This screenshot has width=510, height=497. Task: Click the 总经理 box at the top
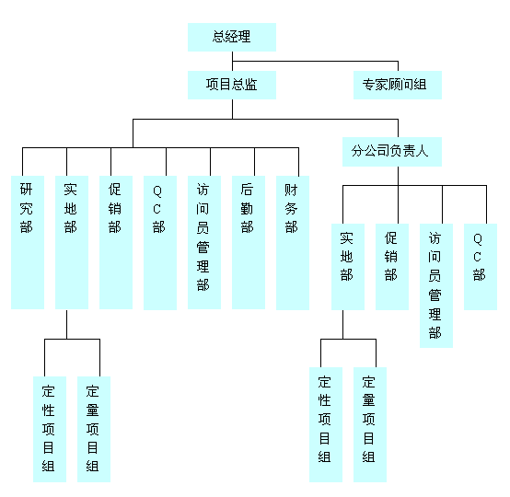click(232, 37)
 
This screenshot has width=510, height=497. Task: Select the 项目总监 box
click(232, 85)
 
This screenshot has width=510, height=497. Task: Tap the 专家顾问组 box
click(398, 85)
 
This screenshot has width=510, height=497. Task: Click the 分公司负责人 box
click(392, 152)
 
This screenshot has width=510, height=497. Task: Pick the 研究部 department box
click(28, 242)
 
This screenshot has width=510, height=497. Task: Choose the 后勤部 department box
click(249, 242)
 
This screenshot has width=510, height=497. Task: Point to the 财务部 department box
click(293, 243)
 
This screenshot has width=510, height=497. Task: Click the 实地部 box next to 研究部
click(72, 242)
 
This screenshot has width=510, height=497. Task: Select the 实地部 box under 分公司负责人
click(348, 267)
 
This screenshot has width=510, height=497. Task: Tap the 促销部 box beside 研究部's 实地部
click(116, 242)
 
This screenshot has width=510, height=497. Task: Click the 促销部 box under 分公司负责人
click(392, 267)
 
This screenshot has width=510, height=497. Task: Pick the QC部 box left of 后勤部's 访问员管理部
click(160, 243)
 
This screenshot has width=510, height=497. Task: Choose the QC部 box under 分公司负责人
click(481, 267)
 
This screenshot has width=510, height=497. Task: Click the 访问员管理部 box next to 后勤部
click(204, 242)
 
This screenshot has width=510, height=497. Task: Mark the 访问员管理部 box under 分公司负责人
click(436, 285)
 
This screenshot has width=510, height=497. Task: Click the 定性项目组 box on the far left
click(50, 429)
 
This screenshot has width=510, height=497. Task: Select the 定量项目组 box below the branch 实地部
click(370, 424)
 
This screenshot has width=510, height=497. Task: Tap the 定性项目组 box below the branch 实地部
click(326, 424)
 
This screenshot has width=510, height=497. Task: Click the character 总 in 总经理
click(219, 37)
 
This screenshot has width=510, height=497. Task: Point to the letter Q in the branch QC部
click(478, 239)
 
